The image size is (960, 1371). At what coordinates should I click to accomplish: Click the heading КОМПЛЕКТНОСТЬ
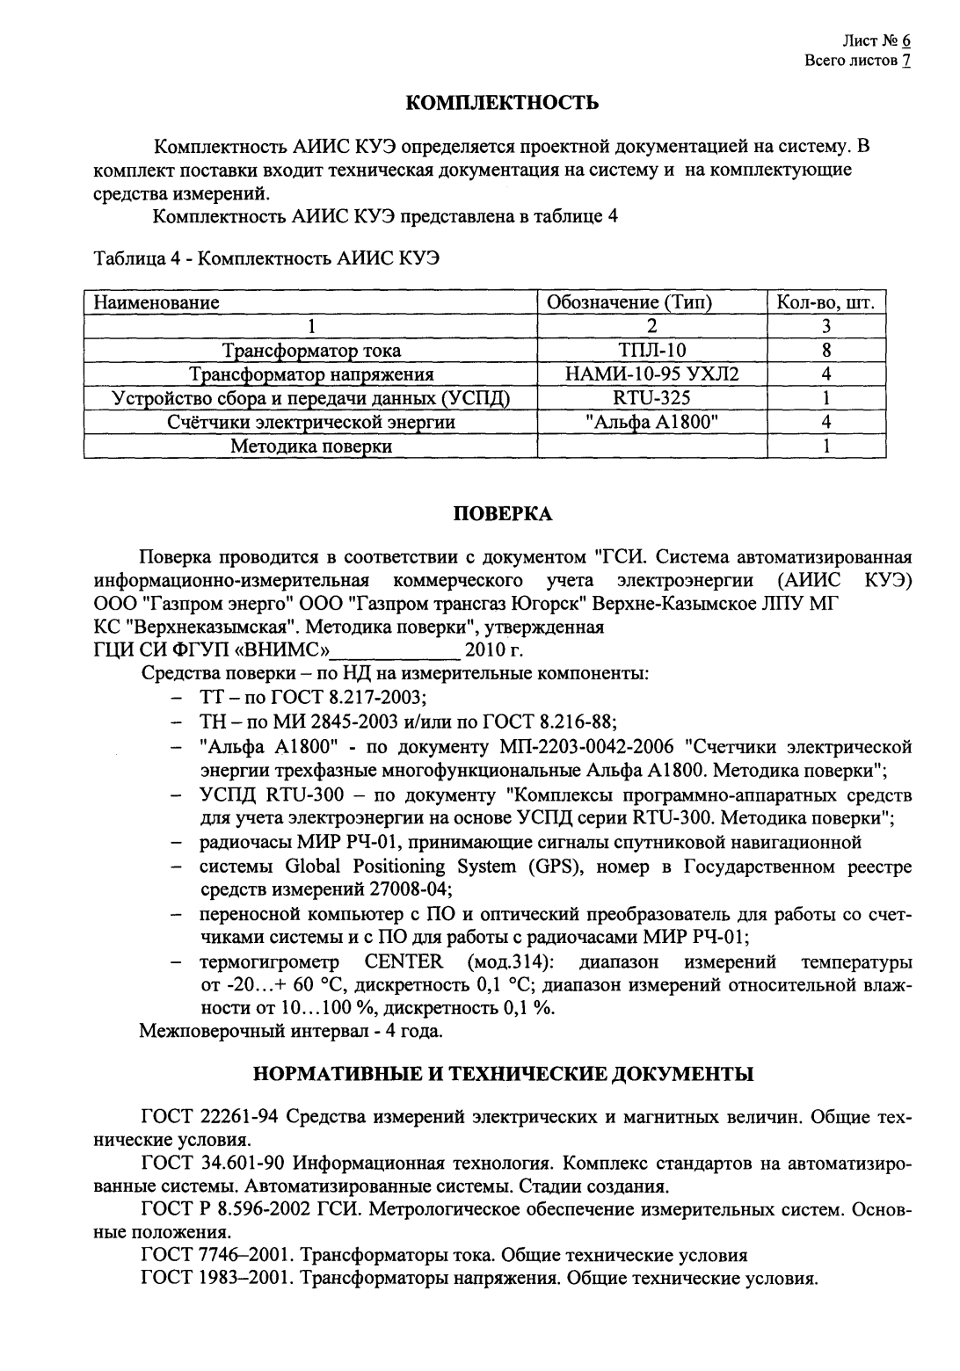[x=502, y=103]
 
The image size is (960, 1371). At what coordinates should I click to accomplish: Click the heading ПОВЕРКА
[x=502, y=514]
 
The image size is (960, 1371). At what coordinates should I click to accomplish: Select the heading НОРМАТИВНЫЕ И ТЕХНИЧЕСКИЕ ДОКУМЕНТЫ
[x=503, y=1073]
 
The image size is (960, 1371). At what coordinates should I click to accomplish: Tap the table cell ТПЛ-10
[x=652, y=351]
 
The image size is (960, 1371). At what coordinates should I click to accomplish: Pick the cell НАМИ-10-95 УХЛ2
[x=652, y=374]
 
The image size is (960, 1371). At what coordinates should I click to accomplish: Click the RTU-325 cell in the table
[x=652, y=398]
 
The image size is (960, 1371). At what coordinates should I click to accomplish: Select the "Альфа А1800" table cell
[x=652, y=422]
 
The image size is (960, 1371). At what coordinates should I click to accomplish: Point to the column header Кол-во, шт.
[x=826, y=303]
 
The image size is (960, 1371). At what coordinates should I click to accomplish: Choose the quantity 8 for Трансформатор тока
[x=826, y=351]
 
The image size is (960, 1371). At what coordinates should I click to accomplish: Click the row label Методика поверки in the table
[x=310, y=446]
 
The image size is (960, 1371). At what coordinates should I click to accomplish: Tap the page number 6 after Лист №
[x=905, y=41]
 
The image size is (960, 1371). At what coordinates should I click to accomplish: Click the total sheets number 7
[x=905, y=62]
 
